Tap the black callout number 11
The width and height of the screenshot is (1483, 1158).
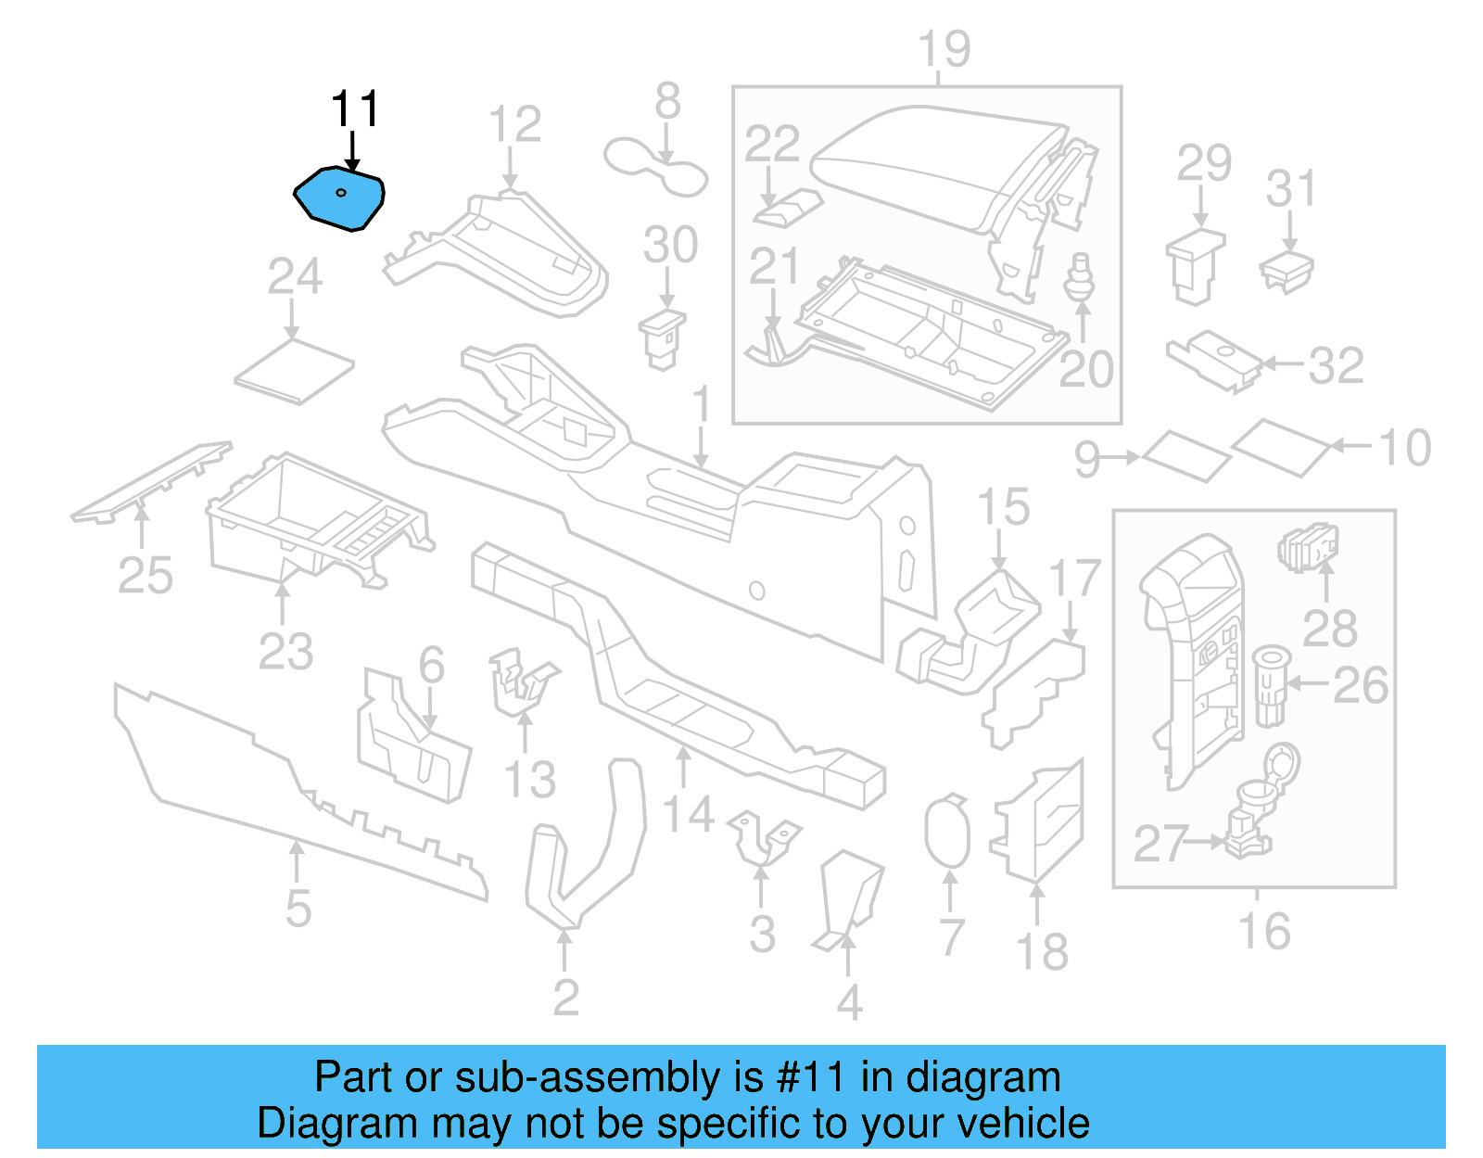355,109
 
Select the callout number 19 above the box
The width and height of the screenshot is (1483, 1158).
944,49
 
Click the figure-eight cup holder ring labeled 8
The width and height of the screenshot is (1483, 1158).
655,167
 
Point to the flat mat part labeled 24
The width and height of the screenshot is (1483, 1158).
295,371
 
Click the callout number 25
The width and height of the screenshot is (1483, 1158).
146,576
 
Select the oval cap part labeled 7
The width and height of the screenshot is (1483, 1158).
946,831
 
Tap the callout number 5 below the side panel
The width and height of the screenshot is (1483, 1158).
298,908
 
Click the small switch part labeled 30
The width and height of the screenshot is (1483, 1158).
663,337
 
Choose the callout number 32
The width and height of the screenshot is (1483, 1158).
1336,365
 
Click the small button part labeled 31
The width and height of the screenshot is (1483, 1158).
1287,270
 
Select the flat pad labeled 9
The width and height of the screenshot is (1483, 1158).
1186,456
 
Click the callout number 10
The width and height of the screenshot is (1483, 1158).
1405,449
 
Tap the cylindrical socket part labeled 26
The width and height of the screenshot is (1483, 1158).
1271,685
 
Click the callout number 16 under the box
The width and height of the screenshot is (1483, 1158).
1264,931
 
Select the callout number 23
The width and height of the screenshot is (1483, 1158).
285,651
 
